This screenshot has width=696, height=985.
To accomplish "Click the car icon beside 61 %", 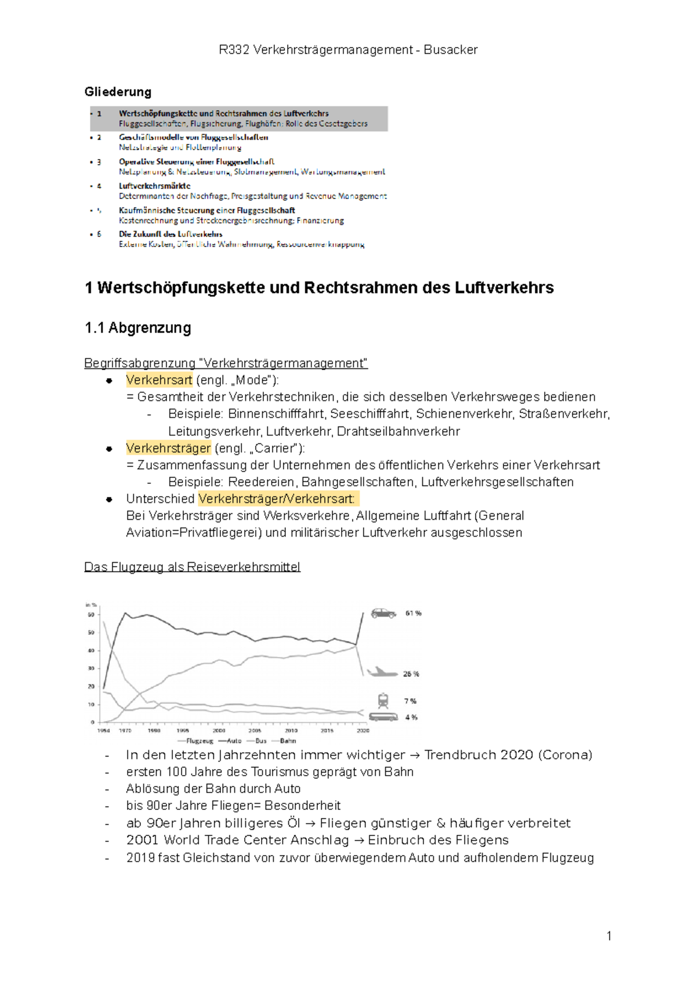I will (x=383, y=613).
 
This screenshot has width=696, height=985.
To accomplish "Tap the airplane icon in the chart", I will (x=381, y=672).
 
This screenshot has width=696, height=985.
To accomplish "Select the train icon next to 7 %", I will (x=383, y=701).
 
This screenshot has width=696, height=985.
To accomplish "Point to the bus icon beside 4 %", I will (x=383, y=717).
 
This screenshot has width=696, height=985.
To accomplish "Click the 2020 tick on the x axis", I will (x=363, y=730).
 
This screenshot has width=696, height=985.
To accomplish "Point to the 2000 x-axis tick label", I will (x=219, y=730).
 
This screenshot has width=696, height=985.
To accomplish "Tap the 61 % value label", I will (x=414, y=613).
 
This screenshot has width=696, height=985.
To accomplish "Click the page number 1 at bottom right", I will (x=609, y=936).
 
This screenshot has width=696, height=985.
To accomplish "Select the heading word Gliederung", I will (x=118, y=92).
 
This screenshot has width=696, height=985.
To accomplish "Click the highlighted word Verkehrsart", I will (x=159, y=380).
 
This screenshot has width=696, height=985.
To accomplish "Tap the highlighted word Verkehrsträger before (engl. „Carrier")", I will (x=168, y=448).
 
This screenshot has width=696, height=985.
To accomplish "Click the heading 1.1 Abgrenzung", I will (x=137, y=328).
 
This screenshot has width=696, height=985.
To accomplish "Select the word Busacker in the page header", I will (x=451, y=50).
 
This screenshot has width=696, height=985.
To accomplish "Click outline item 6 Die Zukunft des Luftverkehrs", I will (x=171, y=234).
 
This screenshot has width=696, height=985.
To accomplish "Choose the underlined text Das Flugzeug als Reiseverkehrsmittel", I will (x=192, y=567).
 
